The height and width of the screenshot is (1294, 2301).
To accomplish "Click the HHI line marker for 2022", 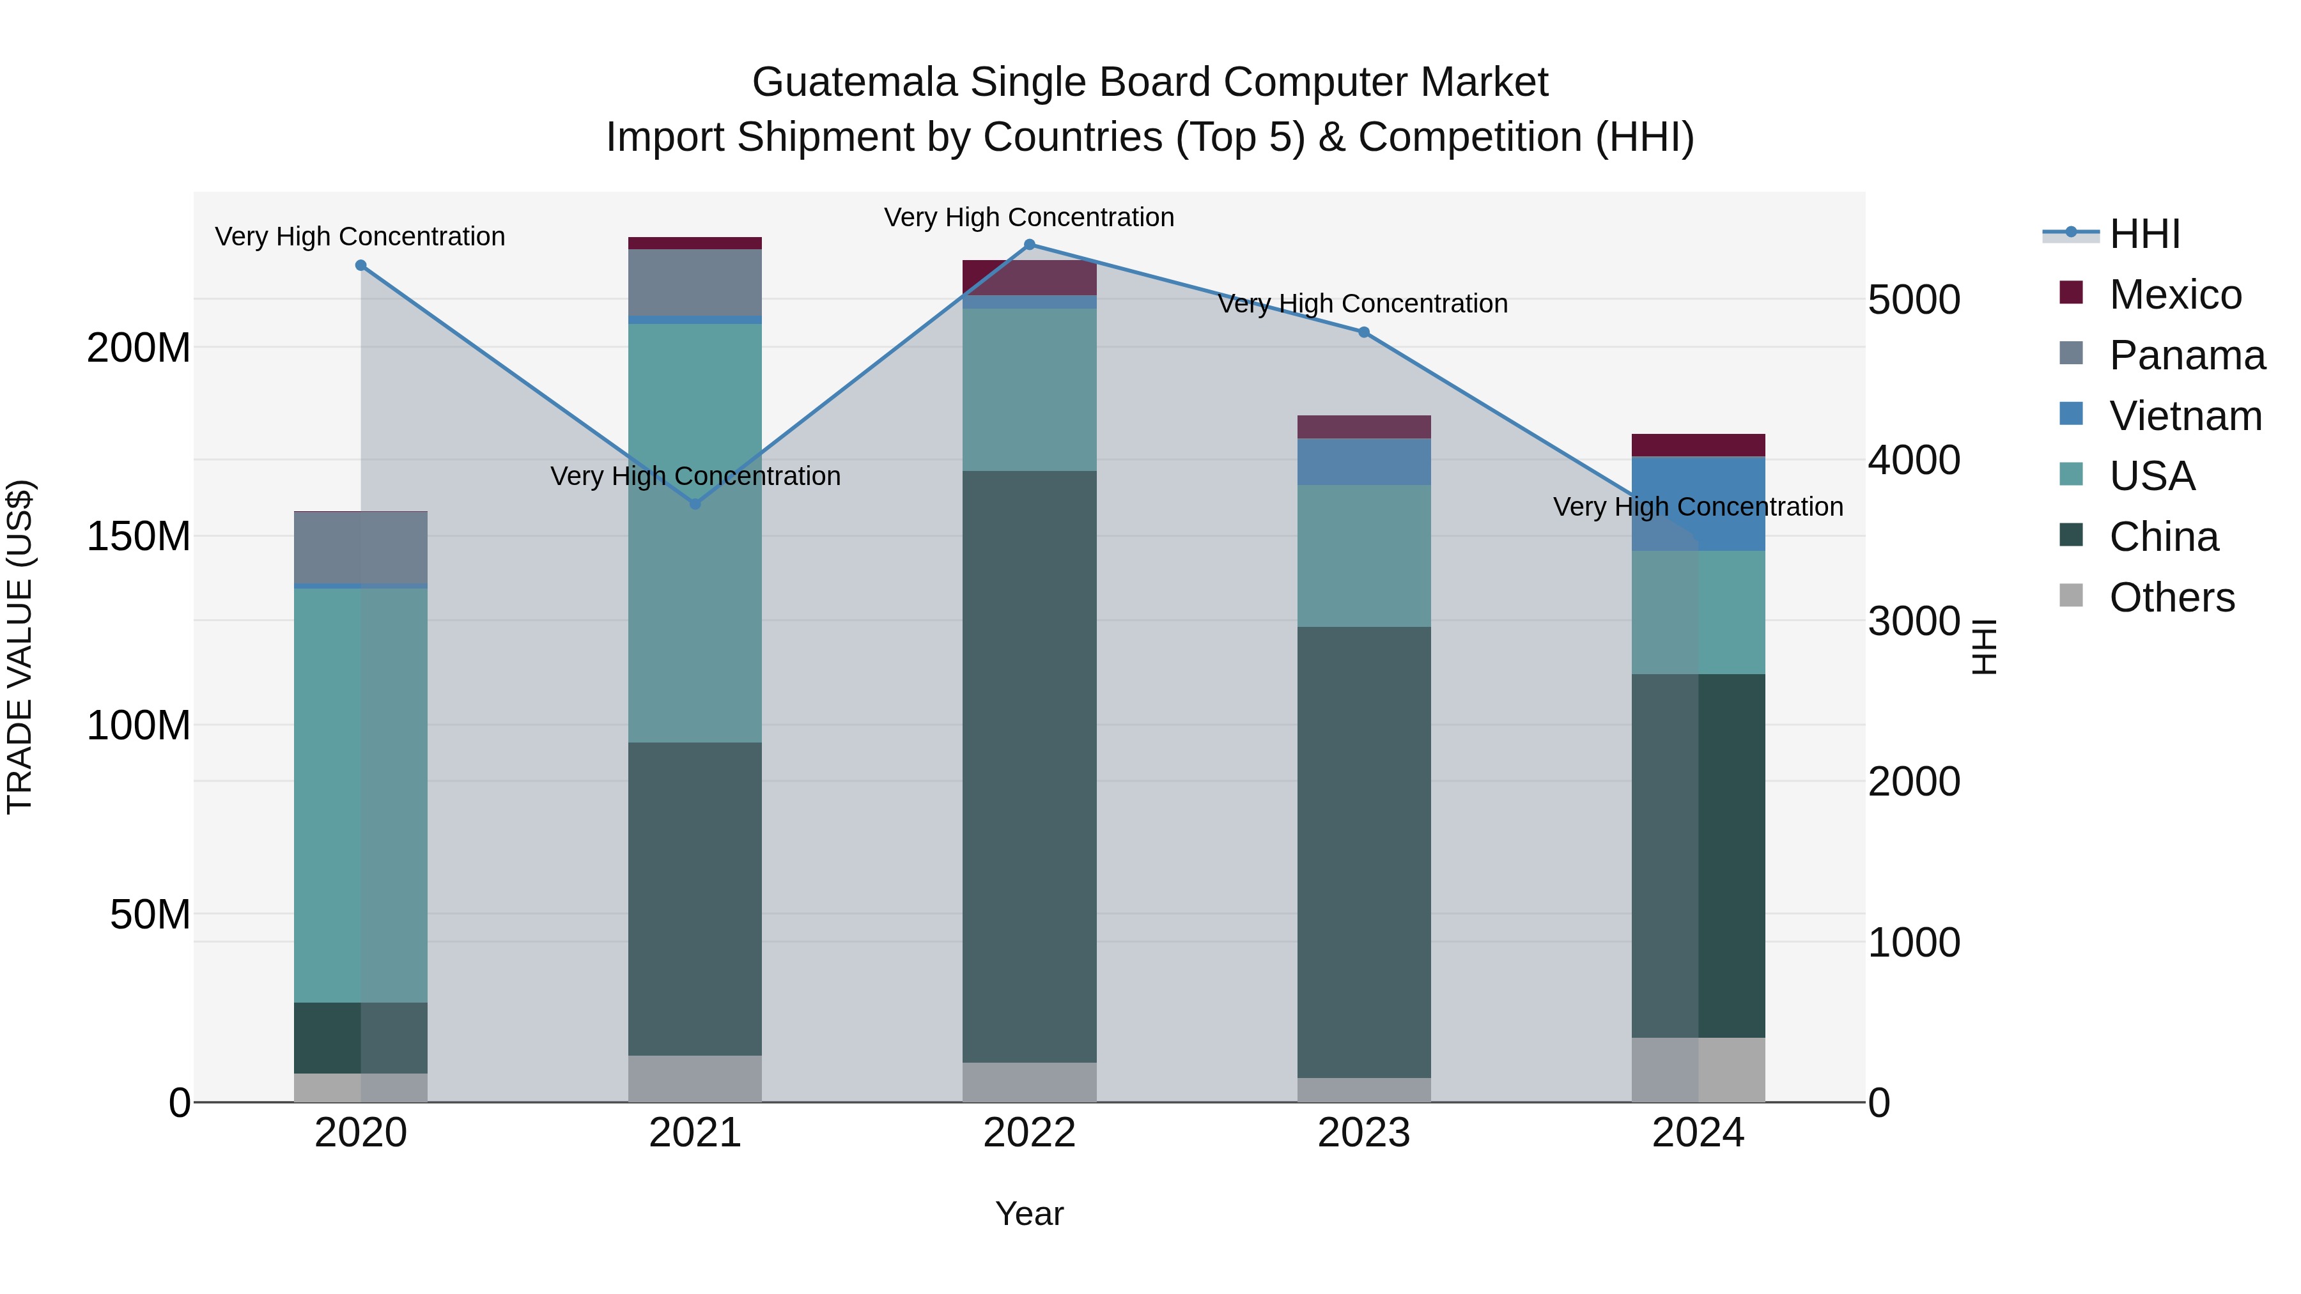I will click(x=1029, y=245).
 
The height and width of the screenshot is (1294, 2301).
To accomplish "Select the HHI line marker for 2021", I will click(x=695, y=504).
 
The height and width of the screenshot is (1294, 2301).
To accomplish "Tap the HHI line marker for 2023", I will click(x=1363, y=332).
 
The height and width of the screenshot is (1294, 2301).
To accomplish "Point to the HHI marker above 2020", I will click(x=361, y=265).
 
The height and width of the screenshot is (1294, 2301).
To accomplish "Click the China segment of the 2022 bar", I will click(x=1029, y=766).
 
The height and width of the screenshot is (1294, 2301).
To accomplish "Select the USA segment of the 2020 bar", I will click(x=361, y=795).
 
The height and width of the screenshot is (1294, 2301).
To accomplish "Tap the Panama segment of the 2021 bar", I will click(x=695, y=282).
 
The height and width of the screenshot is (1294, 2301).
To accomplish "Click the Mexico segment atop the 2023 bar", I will click(x=1363, y=427).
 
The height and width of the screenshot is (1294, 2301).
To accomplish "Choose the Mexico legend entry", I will click(x=2174, y=295).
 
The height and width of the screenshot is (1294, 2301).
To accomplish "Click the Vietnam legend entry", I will click(x=2185, y=416).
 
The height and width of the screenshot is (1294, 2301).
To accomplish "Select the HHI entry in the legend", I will click(x=2144, y=234).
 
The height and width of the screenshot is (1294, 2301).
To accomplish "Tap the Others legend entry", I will click(x=2171, y=597).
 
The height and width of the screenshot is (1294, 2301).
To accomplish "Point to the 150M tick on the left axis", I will click(x=139, y=536).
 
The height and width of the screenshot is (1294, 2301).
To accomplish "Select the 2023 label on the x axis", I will click(x=1363, y=1133).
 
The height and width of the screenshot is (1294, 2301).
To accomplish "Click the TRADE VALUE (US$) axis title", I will click(x=20, y=647).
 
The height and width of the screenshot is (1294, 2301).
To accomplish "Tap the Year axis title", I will click(x=1029, y=1213).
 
